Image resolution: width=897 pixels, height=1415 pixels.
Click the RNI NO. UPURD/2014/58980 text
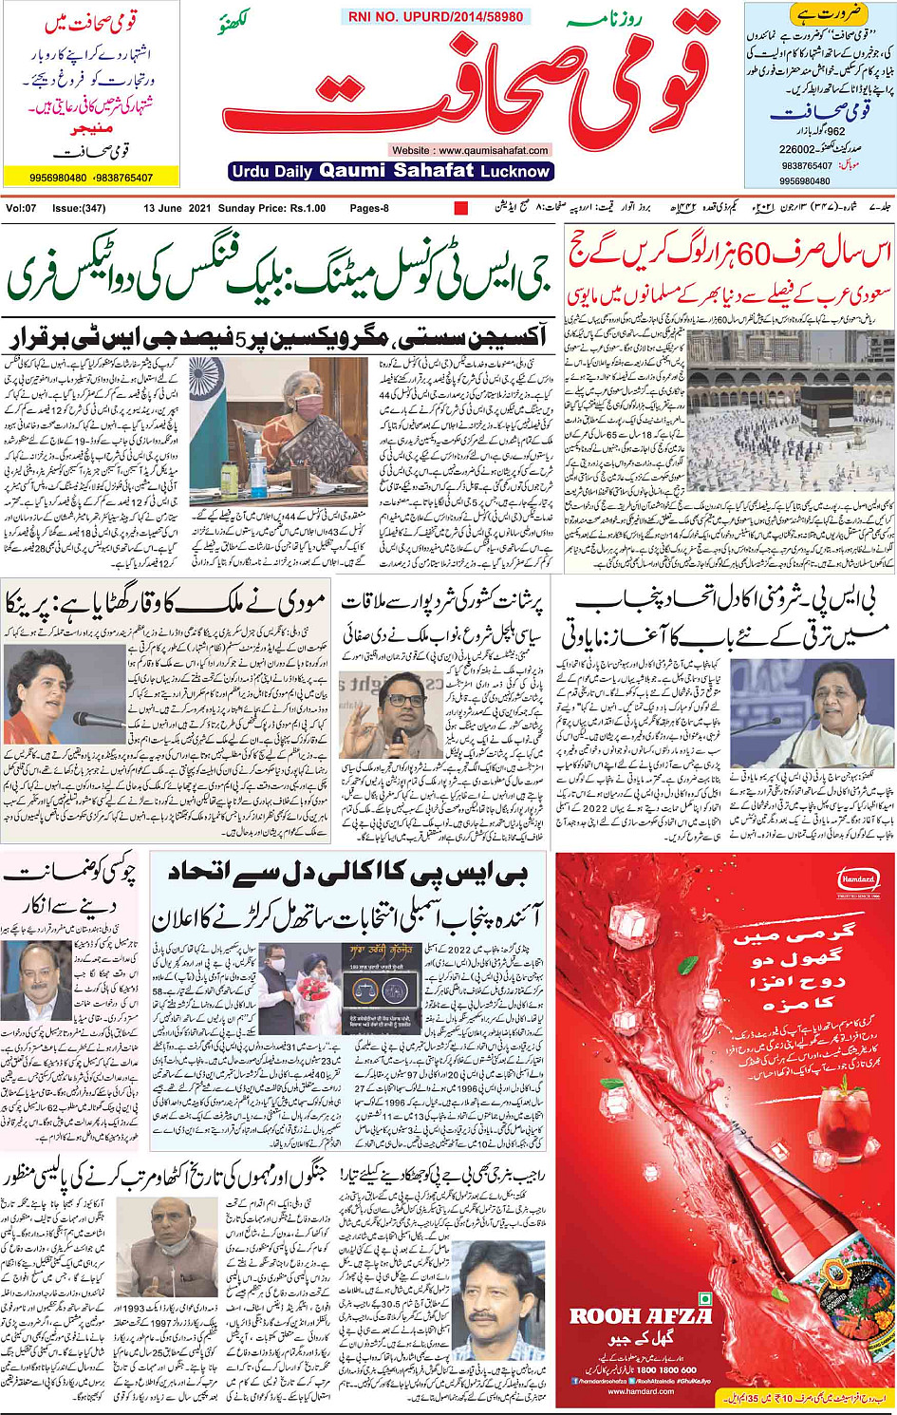pos(436,17)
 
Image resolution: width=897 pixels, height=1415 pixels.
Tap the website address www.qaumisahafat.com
pos(470,150)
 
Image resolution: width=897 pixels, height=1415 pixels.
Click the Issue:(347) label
pos(79,208)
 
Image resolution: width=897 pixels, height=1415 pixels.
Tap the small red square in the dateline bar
pos(461,208)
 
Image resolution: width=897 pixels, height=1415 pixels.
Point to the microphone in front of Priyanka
pos(87,718)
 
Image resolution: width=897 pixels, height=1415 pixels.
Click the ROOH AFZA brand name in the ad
pos(640,1316)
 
